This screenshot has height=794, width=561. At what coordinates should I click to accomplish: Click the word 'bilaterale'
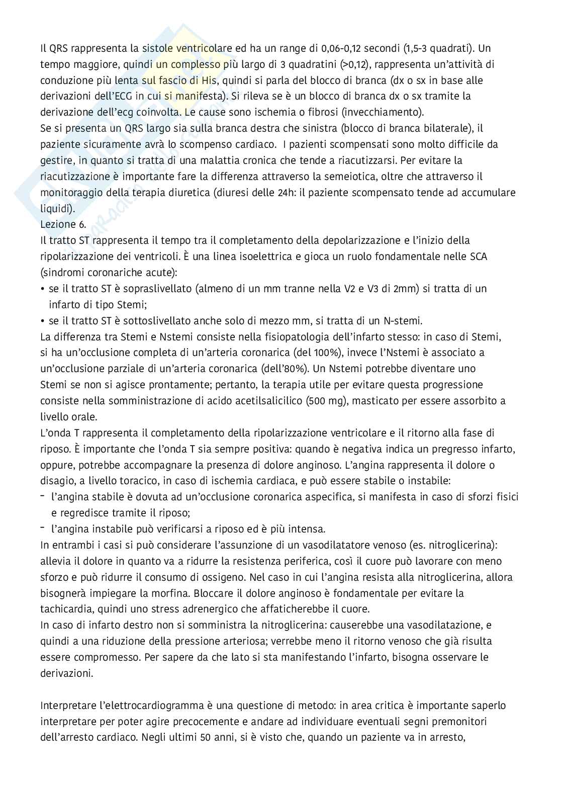(x=445, y=128)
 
